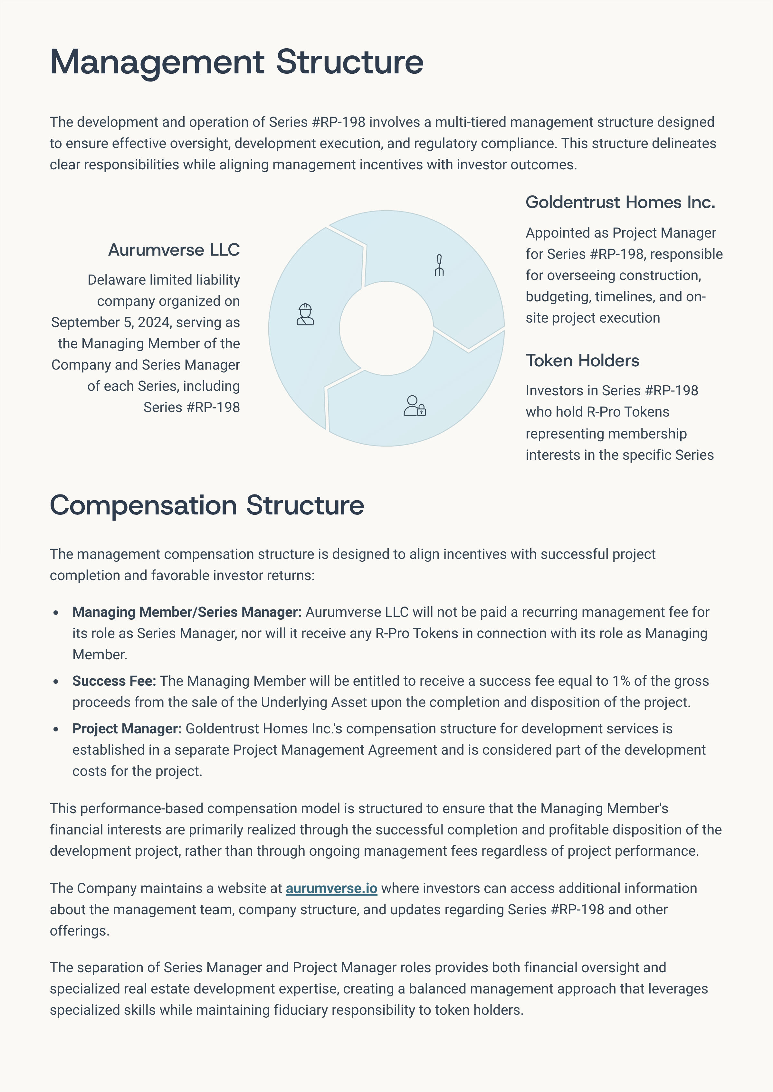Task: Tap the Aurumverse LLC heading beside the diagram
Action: pyautogui.click(x=174, y=250)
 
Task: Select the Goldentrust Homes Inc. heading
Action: pyautogui.click(x=620, y=202)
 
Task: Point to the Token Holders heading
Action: pyautogui.click(x=582, y=361)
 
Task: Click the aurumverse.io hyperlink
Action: pyautogui.click(x=331, y=888)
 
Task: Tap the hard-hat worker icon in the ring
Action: pyautogui.click(x=305, y=315)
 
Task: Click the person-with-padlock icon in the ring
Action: pyautogui.click(x=415, y=406)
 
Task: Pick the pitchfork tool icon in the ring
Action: pyautogui.click(x=439, y=266)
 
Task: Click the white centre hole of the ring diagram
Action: pyautogui.click(x=386, y=328)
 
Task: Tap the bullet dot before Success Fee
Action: pyautogui.click(x=56, y=681)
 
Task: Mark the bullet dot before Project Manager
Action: pyautogui.click(x=56, y=729)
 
